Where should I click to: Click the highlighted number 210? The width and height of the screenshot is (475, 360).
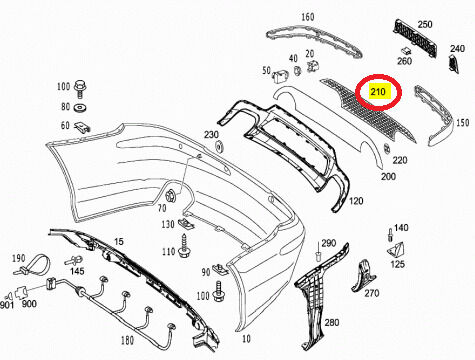click(378, 91)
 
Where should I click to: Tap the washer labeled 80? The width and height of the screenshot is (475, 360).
click(80, 108)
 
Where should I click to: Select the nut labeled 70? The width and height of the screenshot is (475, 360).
click(171, 195)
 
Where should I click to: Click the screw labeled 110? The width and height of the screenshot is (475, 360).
click(184, 246)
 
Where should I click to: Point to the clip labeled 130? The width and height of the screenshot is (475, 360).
click(186, 224)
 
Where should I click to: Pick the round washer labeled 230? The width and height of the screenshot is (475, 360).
click(220, 146)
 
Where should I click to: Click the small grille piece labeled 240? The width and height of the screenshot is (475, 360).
click(453, 63)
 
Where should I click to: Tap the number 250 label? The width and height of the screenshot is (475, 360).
click(425, 24)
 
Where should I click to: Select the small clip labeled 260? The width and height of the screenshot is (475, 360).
click(406, 50)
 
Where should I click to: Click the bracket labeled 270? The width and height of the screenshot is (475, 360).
click(362, 276)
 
